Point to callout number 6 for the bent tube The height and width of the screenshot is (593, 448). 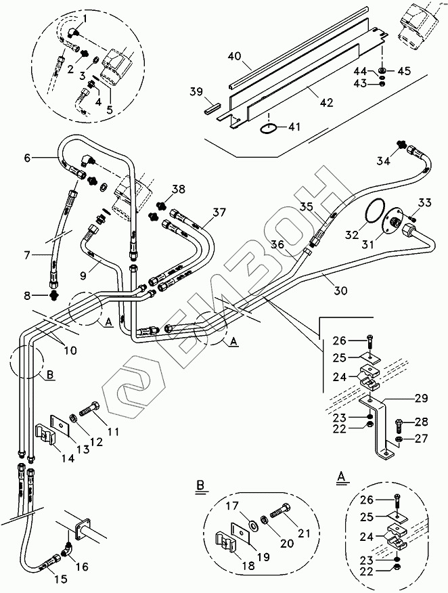pos(27,158)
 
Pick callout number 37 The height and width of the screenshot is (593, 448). pos(218,213)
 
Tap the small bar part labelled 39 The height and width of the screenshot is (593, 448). pos(212,106)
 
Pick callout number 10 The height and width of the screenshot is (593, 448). pos(70,351)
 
